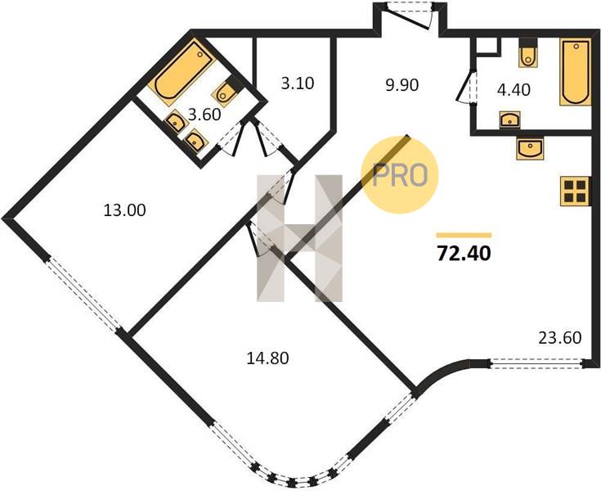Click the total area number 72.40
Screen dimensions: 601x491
pyautogui.click(x=464, y=253)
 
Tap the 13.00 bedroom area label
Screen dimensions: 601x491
pyautogui.click(x=125, y=210)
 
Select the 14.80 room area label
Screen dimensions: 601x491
pyautogui.click(x=267, y=358)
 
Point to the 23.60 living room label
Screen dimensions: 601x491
pyautogui.click(x=560, y=338)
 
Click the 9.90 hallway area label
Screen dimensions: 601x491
pyautogui.click(x=402, y=85)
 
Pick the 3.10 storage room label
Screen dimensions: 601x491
pyautogui.click(x=298, y=83)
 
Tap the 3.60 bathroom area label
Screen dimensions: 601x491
pyautogui.click(x=204, y=115)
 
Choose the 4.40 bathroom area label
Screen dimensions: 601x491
pyautogui.click(x=514, y=90)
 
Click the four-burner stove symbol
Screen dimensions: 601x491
pyautogui.click(x=575, y=191)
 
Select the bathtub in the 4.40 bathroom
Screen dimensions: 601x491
pyautogui.click(x=576, y=72)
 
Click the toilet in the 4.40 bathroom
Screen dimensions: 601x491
pyautogui.click(x=529, y=52)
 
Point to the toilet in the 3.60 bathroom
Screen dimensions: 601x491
pyautogui.click(x=227, y=91)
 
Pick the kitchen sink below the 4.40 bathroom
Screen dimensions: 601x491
pyautogui.click(x=530, y=148)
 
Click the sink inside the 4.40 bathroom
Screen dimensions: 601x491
pyautogui.click(x=509, y=119)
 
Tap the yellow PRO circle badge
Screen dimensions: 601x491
pyautogui.click(x=400, y=175)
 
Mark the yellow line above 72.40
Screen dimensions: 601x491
pyautogui.click(x=464, y=235)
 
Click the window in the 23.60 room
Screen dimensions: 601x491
pyautogui.click(x=536, y=363)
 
